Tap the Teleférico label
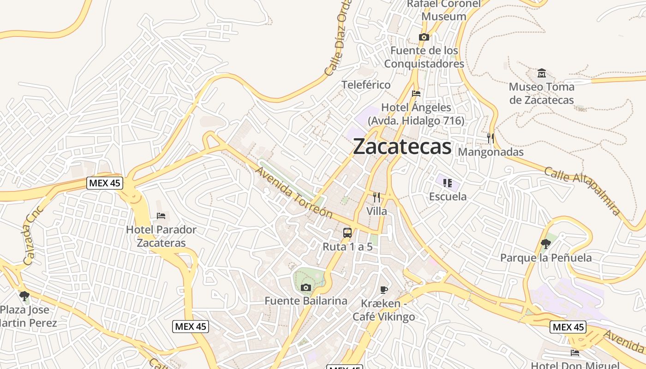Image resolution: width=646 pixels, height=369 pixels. (x=366, y=85)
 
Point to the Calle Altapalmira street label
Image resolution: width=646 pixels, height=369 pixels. (x=582, y=191)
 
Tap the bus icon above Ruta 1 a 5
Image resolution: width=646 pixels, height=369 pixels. (x=347, y=233)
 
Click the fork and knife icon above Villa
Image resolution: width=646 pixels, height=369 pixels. (x=377, y=197)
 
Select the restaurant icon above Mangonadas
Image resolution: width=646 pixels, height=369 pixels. (x=490, y=138)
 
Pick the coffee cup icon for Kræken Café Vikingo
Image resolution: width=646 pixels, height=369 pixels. (x=383, y=290)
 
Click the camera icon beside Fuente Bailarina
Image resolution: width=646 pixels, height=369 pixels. (x=305, y=288)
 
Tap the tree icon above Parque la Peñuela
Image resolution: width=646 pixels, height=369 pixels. (x=546, y=244)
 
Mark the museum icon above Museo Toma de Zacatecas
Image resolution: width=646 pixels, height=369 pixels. (x=542, y=73)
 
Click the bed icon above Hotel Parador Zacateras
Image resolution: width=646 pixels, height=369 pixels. (x=161, y=215)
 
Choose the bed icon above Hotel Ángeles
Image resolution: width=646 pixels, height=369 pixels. (x=416, y=94)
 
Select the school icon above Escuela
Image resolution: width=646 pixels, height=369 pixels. (x=447, y=183)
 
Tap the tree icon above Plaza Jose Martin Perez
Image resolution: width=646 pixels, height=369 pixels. (x=24, y=296)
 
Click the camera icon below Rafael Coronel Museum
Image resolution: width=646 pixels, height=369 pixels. (x=424, y=37)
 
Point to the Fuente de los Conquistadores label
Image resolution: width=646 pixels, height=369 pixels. (x=424, y=57)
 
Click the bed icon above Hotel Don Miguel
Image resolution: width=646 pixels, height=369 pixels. (x=574, y=352)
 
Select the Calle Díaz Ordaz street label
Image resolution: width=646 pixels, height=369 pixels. (x=338, y=39)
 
